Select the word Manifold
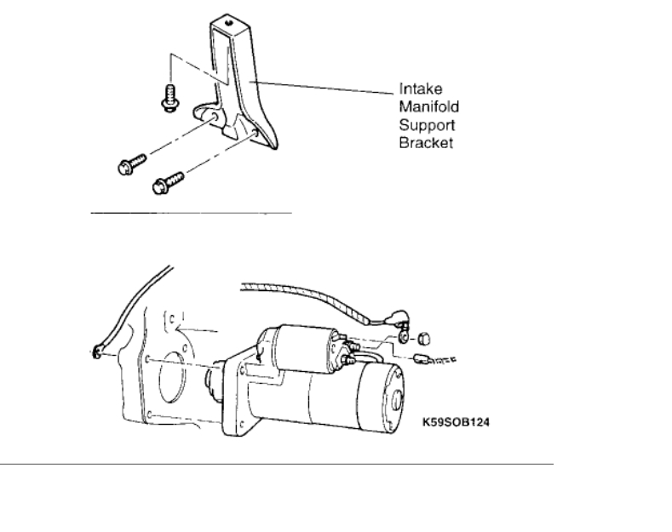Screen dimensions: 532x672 [x=422, y=106]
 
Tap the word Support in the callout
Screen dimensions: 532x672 [x=420, y=124]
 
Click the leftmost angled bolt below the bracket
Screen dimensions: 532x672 [x=125, y=166]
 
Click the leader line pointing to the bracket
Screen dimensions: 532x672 [x=324, y=83]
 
